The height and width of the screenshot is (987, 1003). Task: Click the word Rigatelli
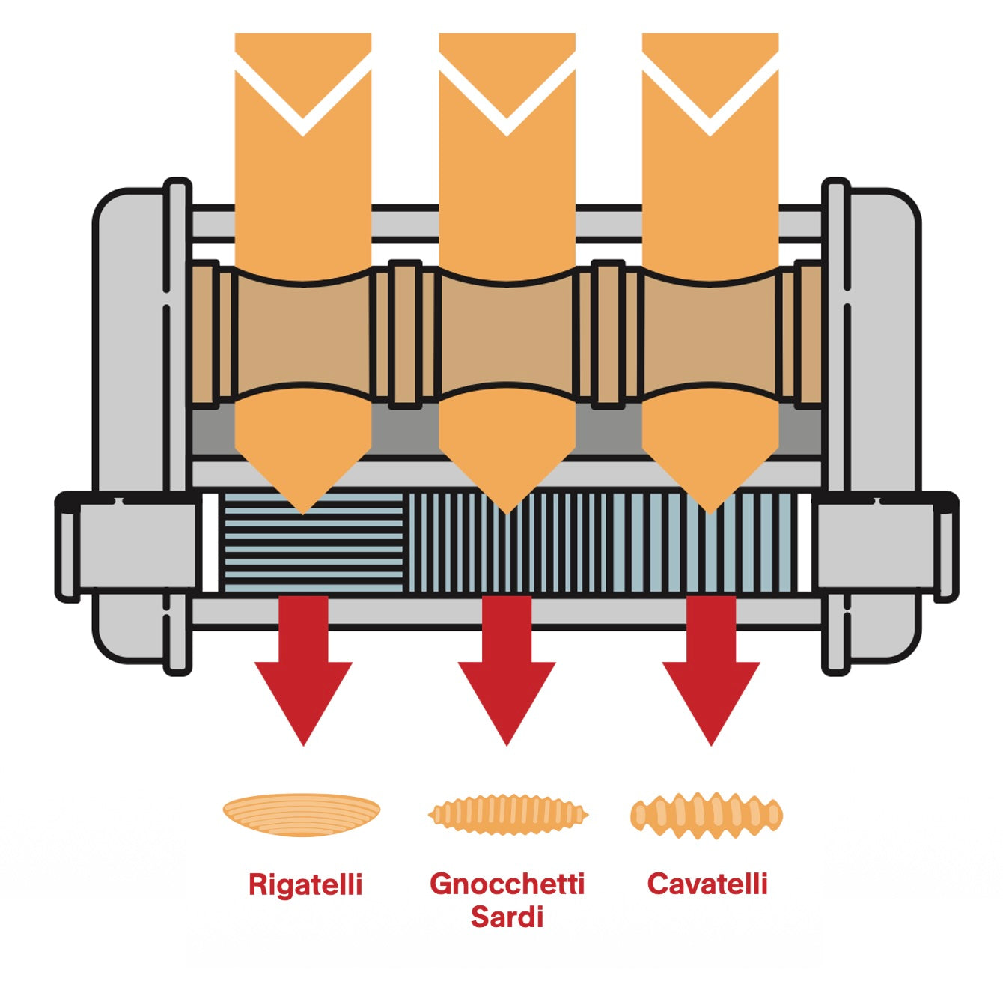pos(305,884)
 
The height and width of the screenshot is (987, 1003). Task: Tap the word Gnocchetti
pos(507,884)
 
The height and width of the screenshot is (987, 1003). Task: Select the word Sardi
pos(507,917)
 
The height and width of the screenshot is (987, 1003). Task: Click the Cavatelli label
pos(707,884)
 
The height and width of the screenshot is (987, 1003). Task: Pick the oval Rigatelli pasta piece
pos(302,814)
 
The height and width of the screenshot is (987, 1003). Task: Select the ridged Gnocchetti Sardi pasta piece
pos(508,814)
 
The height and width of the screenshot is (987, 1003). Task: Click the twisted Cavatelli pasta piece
pos(707,815)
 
